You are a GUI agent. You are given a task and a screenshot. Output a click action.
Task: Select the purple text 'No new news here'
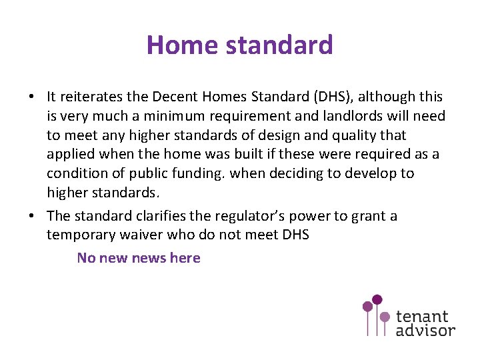(139, 258)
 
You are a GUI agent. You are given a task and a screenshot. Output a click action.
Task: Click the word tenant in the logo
(422, 316)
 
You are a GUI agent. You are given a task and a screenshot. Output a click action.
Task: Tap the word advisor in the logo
(425, 330)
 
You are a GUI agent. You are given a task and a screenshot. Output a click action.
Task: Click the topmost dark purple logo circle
(377, 299)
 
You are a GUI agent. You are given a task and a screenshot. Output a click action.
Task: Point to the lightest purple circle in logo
(385, 316)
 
